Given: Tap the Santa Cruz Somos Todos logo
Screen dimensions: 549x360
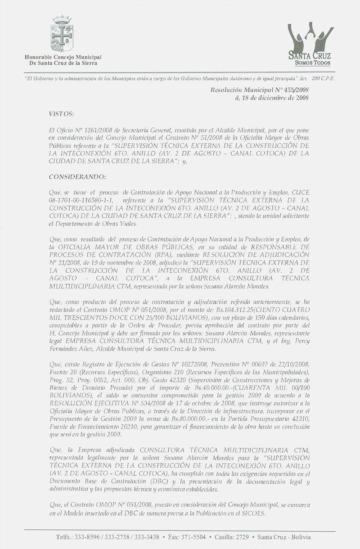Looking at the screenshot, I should click(x=310, y=43).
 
